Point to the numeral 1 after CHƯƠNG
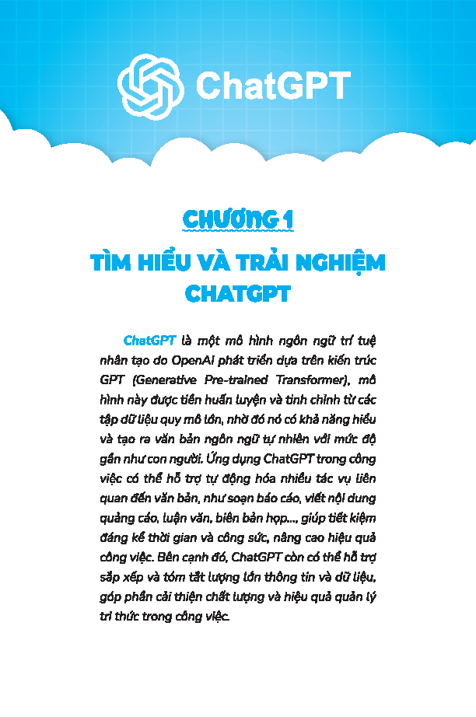[288, 220]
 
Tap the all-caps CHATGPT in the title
[238, 295]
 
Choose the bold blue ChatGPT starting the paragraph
[149, 341]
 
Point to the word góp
[111, 596]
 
